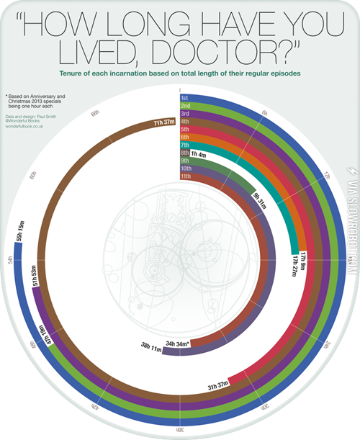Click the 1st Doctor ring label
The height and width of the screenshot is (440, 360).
pyautogui.click(x=185, y=96)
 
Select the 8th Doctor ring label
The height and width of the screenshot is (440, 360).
pyautogui.click(x=185, y=153)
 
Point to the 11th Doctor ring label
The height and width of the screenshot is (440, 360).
pyautogui.click(x=186, y=176)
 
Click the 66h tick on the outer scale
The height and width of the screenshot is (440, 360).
pyautogui.click(x=95, y=114)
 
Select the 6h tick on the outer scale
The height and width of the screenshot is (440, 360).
pyautogui.click(x=264, y=114)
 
